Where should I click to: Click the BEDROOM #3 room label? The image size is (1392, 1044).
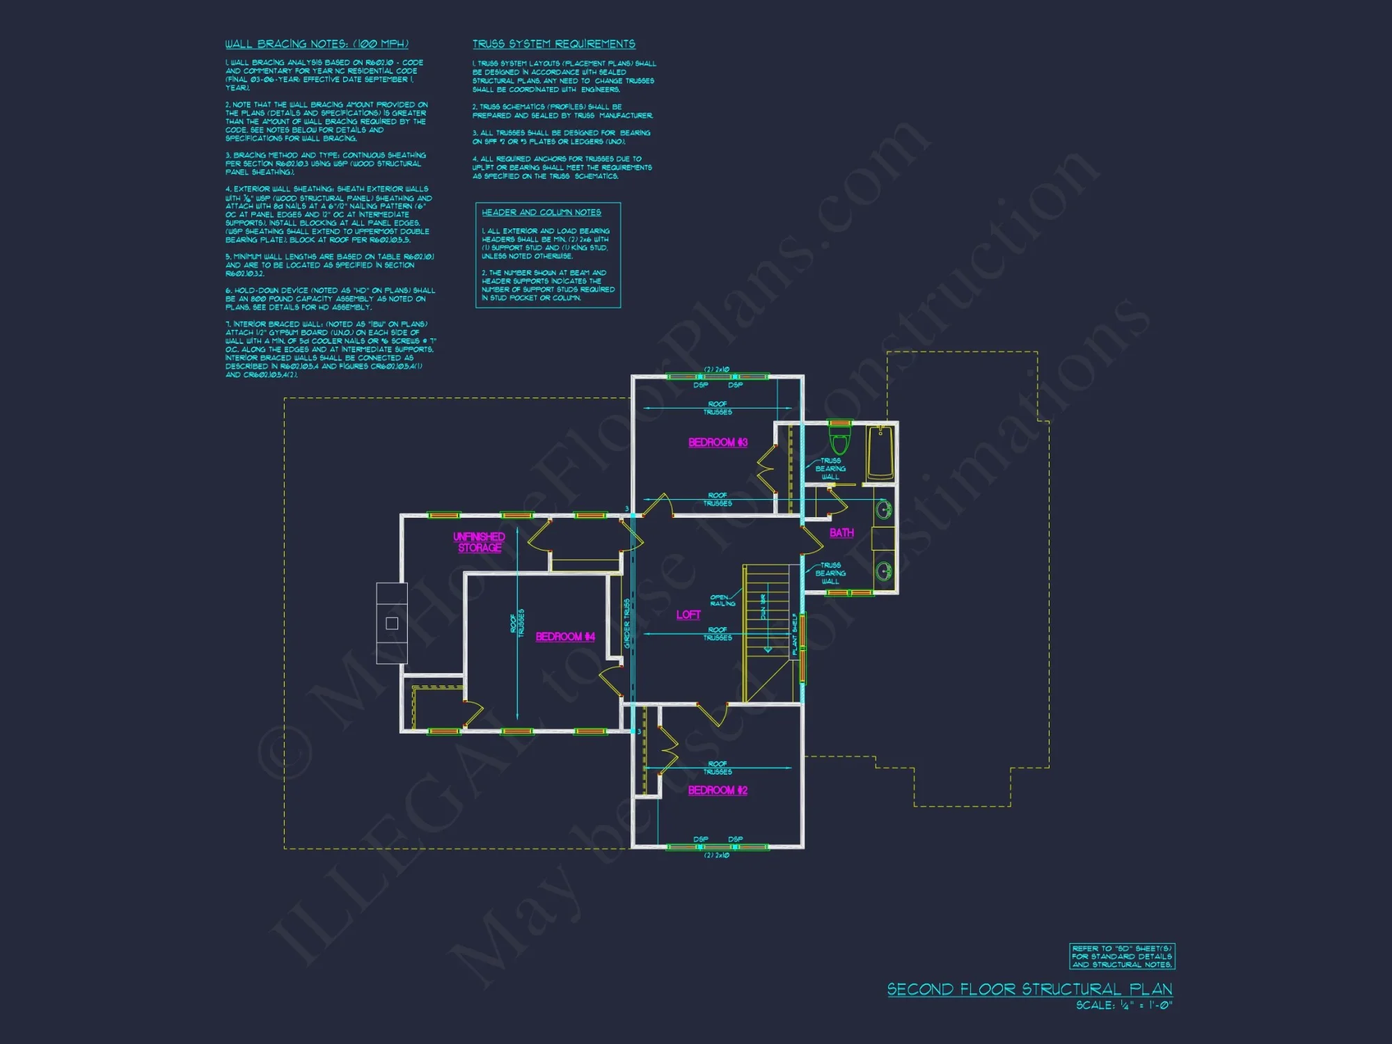718,443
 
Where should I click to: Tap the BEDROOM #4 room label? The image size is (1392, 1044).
565,637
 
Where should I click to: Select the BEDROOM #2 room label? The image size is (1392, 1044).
718,791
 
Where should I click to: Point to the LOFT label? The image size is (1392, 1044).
688,615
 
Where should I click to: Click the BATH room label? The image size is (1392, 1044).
841,533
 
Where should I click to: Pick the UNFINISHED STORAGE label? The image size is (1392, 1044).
479,542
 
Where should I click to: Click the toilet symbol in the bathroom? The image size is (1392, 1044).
840,441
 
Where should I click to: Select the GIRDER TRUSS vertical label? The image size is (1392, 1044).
627,624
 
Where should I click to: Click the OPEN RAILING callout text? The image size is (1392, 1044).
722,601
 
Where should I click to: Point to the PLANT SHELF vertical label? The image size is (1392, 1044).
795,634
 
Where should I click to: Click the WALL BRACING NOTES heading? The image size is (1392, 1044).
317,44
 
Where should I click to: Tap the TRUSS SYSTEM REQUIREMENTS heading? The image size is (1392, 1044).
553,44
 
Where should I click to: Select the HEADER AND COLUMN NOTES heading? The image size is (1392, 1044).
541,212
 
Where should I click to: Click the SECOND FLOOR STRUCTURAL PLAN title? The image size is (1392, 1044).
1029,989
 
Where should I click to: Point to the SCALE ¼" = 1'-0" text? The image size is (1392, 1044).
1123,1006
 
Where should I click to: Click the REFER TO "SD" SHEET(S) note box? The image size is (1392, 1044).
1122,956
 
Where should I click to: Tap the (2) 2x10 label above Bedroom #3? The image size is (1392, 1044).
716,370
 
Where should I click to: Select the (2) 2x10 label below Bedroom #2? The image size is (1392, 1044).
716,855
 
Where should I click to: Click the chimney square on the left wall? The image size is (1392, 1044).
392,624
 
